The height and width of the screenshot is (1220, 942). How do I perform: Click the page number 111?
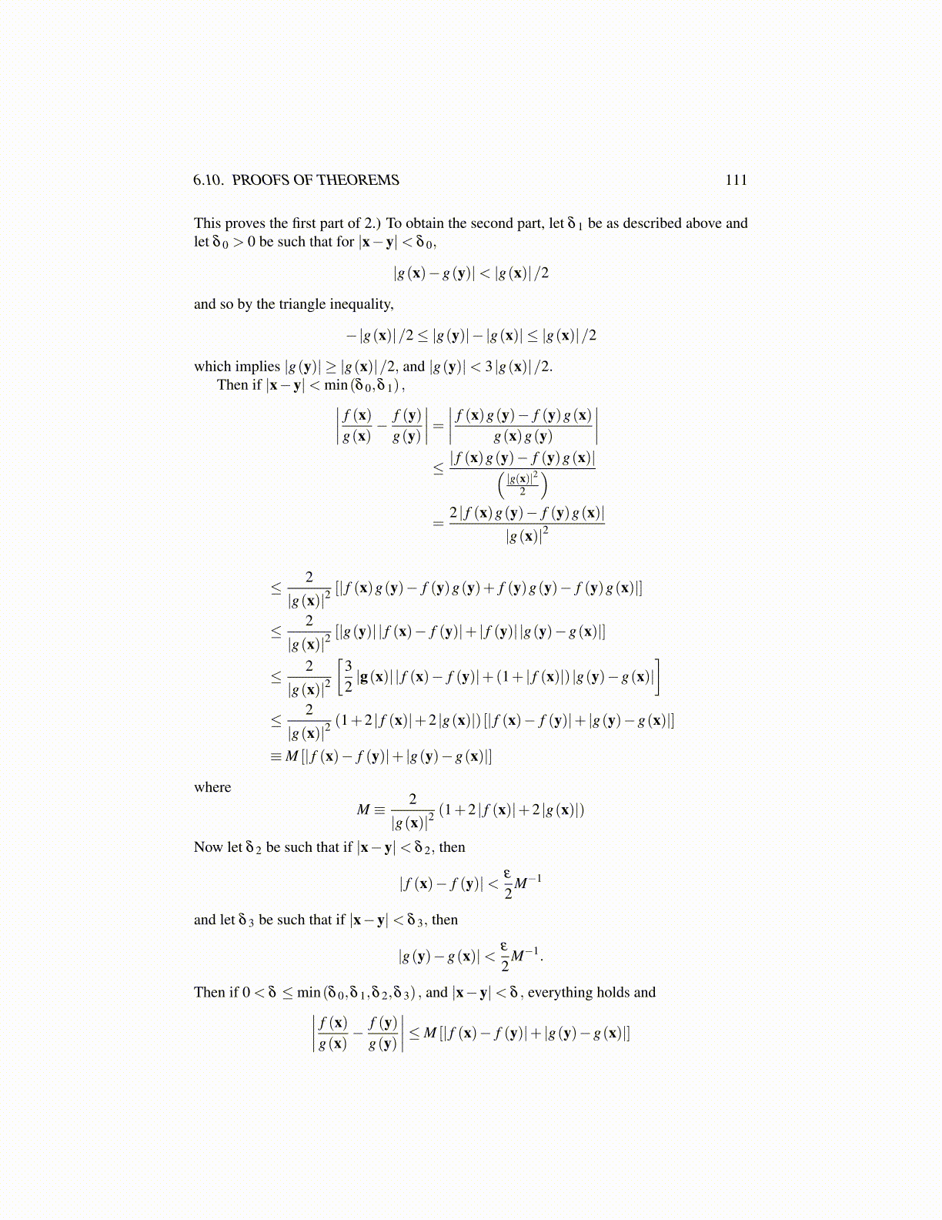[x=736, y=180]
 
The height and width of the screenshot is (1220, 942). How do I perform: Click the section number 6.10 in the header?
[x=209, y=180]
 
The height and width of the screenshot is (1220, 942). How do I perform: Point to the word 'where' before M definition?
[x=212, y=787]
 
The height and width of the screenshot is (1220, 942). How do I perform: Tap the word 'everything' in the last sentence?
[x=560, y=992]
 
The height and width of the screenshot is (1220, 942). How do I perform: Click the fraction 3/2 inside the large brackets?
[x=348, y=675]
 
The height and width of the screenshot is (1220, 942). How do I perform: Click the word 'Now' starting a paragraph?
[x=208, y=847]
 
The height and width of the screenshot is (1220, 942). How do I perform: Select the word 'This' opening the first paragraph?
[x=208, y=223]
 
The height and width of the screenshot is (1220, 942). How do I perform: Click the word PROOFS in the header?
[x=259, y=180]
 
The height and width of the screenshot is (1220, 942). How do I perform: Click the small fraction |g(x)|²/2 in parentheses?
[x=523, y=484]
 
